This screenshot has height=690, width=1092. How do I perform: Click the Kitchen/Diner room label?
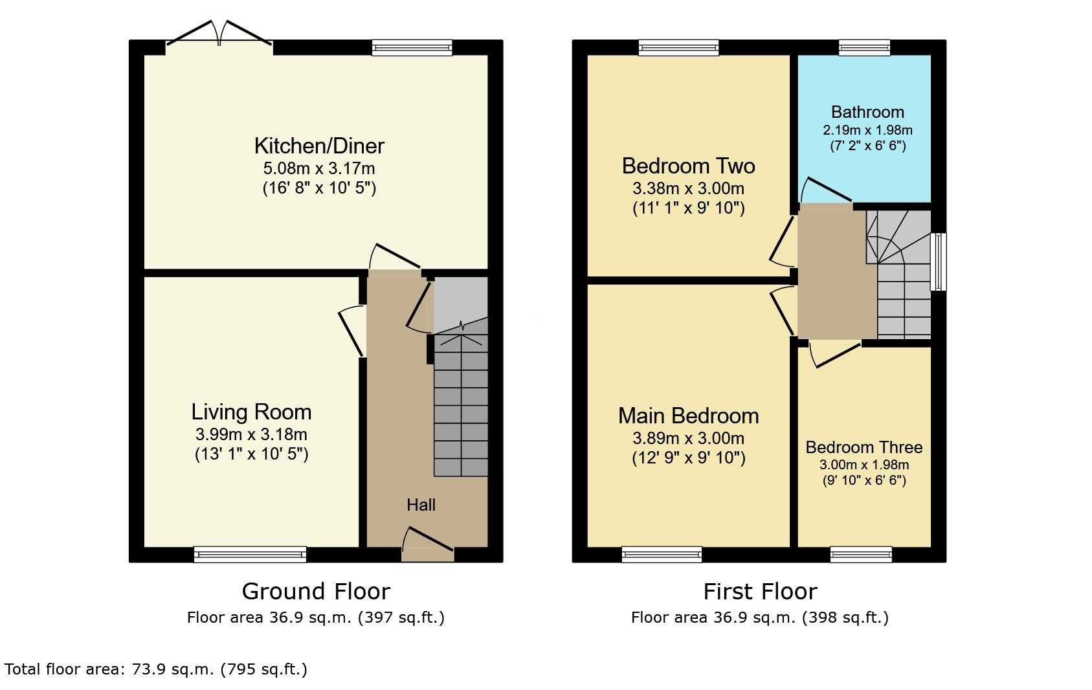319,146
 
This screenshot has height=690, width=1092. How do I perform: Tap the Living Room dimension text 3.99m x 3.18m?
251,434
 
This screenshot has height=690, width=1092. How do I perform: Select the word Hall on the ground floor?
421,505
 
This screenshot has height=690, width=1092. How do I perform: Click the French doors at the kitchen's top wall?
219,34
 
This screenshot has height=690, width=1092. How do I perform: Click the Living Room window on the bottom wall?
250,555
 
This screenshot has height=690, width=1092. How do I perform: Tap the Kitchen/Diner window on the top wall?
412,47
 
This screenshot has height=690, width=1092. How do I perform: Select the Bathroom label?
868,112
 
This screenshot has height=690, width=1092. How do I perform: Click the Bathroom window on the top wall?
865,47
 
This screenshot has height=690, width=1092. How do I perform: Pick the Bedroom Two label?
688,166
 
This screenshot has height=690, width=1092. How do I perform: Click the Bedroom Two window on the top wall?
678,47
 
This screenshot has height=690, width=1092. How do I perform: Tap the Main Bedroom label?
688,416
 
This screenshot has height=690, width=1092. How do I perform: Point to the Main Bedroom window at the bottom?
662,555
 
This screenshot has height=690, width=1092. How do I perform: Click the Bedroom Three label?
864,447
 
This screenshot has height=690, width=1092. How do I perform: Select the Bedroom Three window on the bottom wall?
861,555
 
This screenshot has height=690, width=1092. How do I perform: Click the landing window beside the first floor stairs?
939,262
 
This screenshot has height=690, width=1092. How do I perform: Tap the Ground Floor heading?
316,592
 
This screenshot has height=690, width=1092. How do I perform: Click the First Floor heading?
760,592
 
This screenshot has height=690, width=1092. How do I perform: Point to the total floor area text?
156,669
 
